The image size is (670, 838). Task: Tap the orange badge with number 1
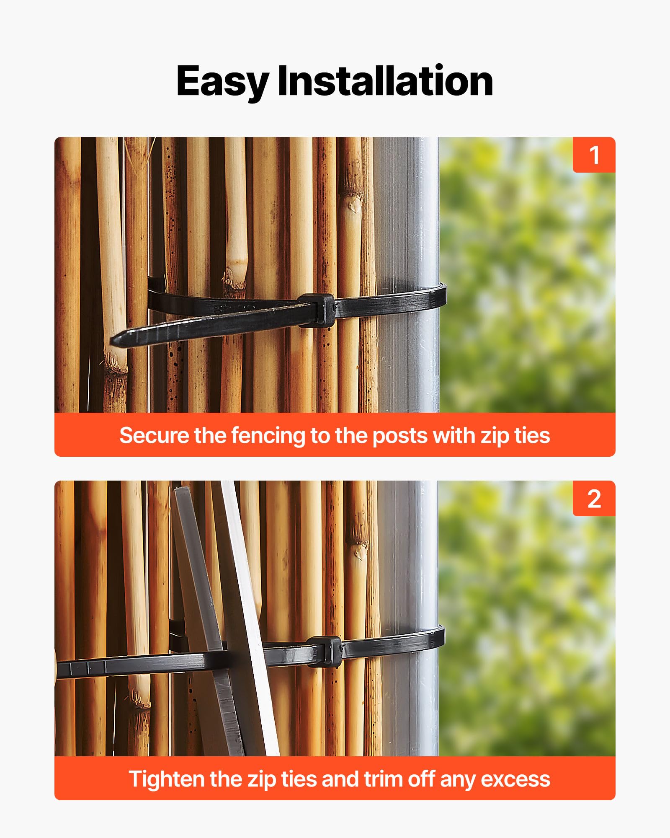pos(594,155)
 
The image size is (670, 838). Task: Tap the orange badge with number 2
pos(594,498)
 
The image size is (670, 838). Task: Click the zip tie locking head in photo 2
pos(324,651)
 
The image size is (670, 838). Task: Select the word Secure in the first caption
pos(154,435)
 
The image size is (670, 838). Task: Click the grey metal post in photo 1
pos(406,275)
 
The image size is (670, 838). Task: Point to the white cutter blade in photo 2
pos(250,618)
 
